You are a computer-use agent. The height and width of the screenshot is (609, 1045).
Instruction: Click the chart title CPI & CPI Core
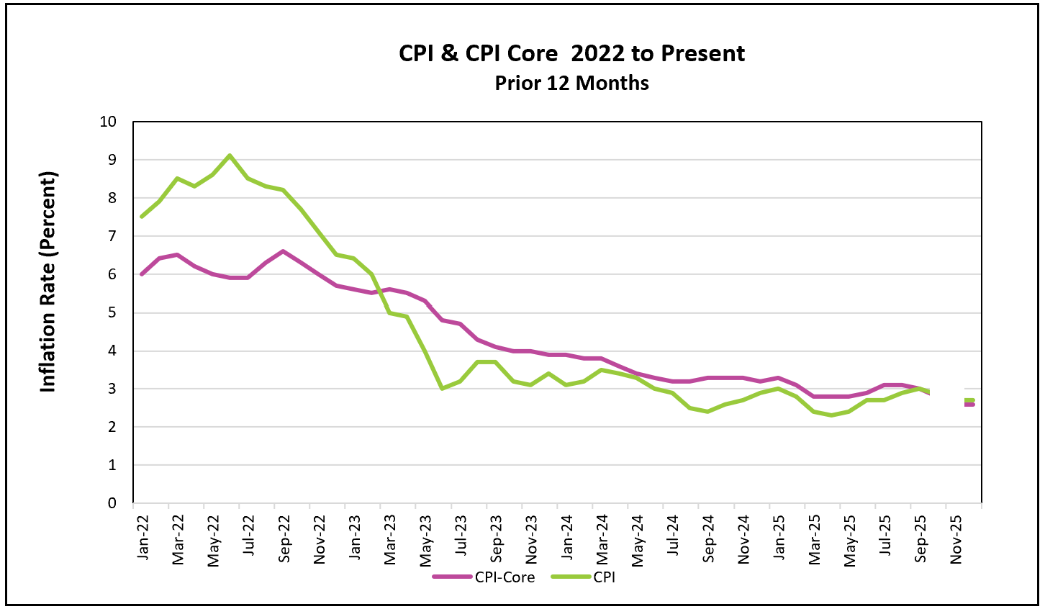pos(571,53)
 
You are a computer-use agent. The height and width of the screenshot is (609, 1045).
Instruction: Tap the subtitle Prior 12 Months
pos(571,83)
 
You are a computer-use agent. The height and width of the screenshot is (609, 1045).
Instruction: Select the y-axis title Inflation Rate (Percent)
pos(48,281)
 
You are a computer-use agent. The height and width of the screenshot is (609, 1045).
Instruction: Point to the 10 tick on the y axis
pos(108,121)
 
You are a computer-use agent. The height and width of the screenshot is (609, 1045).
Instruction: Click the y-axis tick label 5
pos(112,312)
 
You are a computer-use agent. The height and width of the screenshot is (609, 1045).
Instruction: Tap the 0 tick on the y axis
pos(112,503)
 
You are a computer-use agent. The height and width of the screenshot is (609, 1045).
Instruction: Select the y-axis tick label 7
pos(112,236)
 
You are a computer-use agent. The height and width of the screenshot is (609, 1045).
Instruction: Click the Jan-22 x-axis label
pos(142,537)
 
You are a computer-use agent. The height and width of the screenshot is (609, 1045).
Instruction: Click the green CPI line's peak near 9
pos(230,155)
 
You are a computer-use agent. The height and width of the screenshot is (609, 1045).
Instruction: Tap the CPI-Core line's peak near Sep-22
pos(283,251)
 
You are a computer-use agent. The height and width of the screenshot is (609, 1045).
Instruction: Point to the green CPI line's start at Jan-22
pos(142,216)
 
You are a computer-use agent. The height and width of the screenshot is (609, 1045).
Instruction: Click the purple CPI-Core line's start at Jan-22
pos(142,274)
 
